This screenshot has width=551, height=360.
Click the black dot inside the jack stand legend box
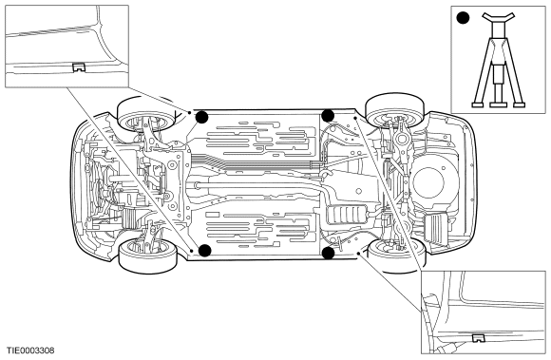click(463, 18)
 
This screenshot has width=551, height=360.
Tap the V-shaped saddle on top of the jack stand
click(499, 17)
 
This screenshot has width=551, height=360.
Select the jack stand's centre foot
click(499, 104)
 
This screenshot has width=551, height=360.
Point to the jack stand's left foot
click(477, 104)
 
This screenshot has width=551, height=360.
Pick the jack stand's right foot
click(519, 104)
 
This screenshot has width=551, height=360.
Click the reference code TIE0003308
click(30, 351)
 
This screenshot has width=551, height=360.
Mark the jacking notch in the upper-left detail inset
click(80, 67)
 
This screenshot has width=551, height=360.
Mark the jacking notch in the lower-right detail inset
click(478, 338)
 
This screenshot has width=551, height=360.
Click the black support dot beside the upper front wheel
click(202, 117)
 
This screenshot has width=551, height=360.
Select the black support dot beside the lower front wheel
click(205, 251)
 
